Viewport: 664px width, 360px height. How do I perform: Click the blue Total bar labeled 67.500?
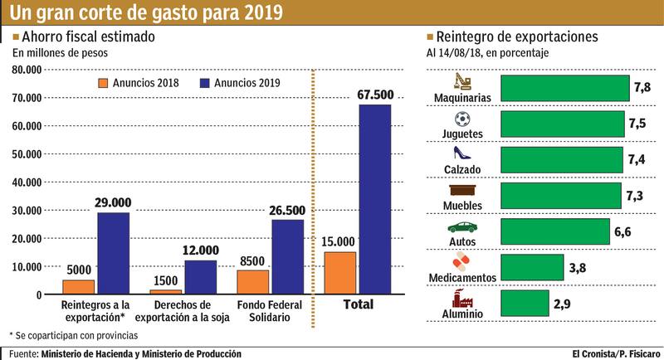374,199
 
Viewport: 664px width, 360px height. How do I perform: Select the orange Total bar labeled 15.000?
339,273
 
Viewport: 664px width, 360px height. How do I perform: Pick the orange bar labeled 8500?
252,282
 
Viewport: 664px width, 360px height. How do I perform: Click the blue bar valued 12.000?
200,277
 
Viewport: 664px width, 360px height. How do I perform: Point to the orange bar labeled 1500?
165,292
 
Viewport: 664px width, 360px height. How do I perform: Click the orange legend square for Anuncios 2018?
103,83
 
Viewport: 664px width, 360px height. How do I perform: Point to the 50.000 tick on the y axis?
27,154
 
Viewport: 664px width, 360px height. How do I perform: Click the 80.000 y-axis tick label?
27,70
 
